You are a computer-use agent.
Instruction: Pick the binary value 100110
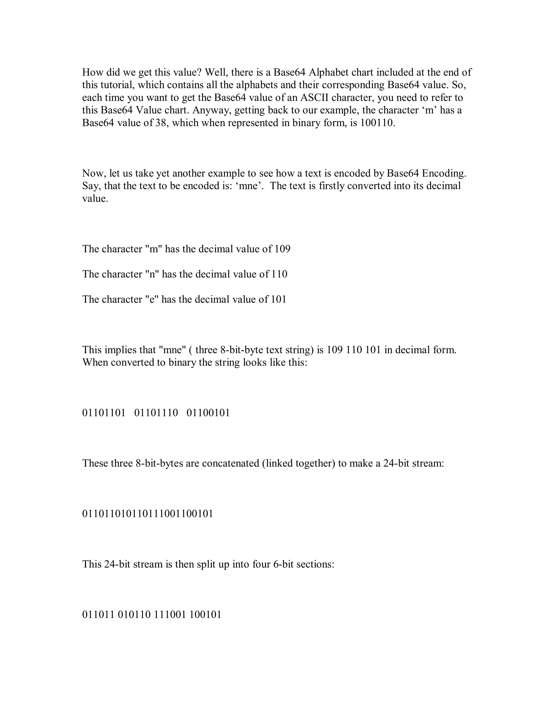(x=377, y=123)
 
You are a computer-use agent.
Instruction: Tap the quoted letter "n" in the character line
(x=152, y=274)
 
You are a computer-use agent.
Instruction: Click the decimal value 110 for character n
(x=279, y=274)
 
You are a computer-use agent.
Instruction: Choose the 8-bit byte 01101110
(x=156, y=413)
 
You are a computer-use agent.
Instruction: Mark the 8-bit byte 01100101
(x=208, y=413)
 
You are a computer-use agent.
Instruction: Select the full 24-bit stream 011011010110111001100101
(x=148, y=513)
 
